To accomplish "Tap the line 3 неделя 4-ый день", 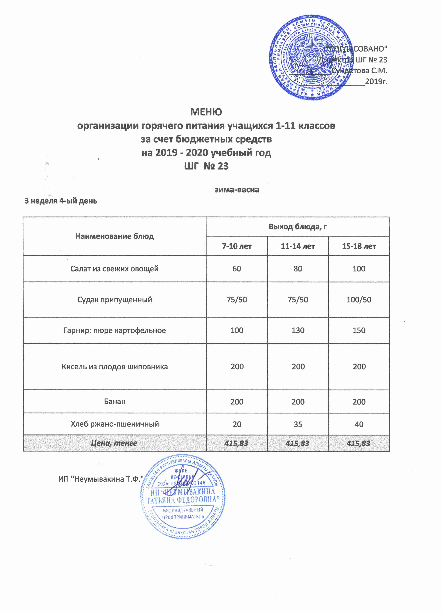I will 61,201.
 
